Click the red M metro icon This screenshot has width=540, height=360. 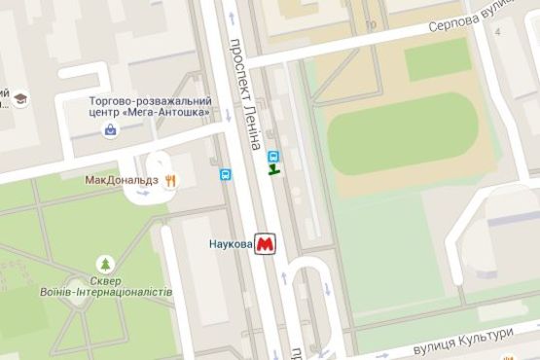(265, 243)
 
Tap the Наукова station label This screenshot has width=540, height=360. (231, 243)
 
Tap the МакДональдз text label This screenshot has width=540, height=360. (123, 180)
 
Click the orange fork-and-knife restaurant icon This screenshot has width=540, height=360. (171, 179)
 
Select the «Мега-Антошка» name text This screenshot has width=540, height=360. (178, 112)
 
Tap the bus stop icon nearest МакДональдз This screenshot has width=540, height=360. (226, 175)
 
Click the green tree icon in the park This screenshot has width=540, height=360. (104, 263)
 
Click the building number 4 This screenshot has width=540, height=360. (499, 32)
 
